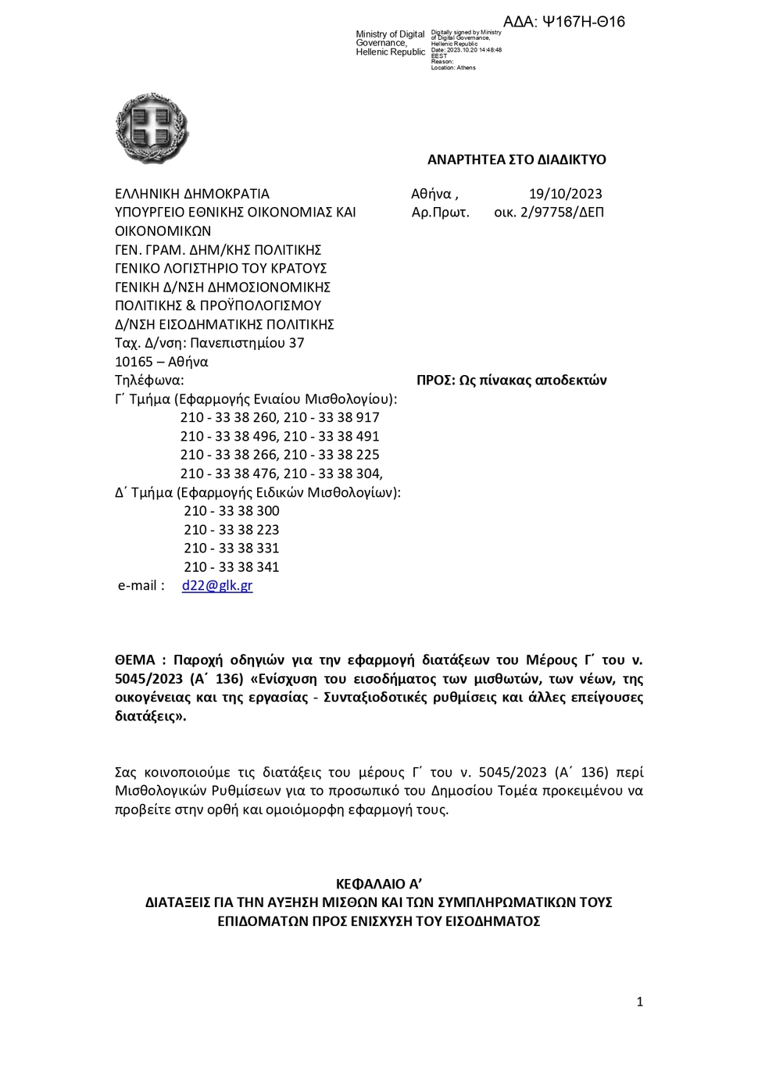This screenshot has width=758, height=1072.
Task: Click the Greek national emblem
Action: coord(152,128)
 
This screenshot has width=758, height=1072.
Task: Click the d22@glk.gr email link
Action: coord(216,585)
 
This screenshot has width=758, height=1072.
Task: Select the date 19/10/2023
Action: coord(565,194)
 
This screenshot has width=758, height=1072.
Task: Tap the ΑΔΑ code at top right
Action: coord(563,22)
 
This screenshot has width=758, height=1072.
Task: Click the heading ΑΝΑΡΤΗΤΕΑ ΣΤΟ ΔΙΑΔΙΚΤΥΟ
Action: coord(517,159)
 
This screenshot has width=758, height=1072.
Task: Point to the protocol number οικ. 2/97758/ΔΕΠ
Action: coord(549,212)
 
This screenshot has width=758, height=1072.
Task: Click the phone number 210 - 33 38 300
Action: coord(231,511)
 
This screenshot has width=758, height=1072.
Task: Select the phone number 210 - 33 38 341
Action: coord(231,567)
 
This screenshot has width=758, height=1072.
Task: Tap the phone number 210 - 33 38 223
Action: coord(231,530)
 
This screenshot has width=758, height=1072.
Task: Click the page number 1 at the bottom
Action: coord(639,1002)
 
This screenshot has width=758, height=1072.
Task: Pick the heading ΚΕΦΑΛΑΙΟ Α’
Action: coord(379,884)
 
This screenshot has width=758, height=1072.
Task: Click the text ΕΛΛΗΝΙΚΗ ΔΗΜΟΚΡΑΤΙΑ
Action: coord(192,194)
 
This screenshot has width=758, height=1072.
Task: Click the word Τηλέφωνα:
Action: coord(149,381)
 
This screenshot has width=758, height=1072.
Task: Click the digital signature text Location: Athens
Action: coord(453,68)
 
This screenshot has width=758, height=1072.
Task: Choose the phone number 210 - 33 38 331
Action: coord(231,549)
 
